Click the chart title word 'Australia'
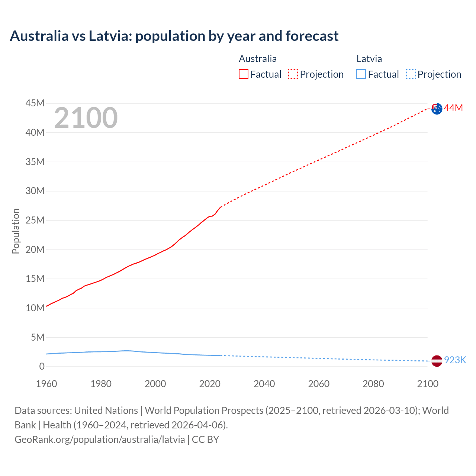39,36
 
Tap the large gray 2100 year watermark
86,118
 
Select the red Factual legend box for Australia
243,74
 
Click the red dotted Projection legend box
293,74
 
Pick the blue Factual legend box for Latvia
361,74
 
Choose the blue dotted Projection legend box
411,74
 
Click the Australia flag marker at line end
437,109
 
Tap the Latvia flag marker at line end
437,361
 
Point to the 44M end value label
453,108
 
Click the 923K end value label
455,360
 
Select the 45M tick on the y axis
35,103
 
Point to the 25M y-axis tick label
35,221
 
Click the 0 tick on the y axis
42,367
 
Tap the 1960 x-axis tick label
46,384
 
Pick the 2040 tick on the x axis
264,384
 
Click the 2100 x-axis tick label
428,384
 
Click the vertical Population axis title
16,231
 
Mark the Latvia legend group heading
369,59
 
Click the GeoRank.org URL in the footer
100,440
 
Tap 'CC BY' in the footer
205,440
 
